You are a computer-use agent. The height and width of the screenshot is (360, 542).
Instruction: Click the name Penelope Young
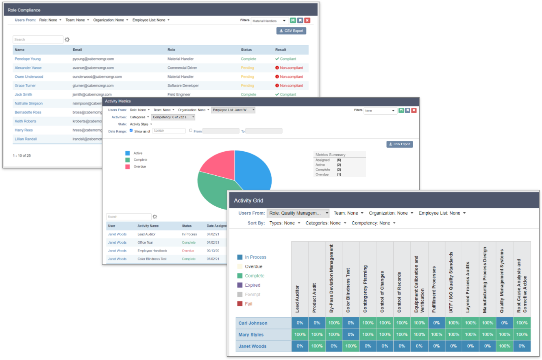point(28,59)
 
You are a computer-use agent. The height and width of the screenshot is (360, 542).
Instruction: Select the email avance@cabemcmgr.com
point(93,68)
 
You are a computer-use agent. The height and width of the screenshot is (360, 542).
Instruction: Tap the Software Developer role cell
point(183,86)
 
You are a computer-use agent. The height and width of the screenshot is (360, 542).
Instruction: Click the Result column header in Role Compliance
point(281,50)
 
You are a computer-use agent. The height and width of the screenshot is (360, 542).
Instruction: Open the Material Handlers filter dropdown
point(269,21)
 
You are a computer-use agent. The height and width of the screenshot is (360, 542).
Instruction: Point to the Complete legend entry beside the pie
point(140,160)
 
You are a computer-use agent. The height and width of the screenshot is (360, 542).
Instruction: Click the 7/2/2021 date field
point(169,131)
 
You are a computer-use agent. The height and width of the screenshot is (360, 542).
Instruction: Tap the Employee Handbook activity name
point(152,251)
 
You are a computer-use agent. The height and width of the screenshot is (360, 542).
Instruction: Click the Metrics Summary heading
point(330,155)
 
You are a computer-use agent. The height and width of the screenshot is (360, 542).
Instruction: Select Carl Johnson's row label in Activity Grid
point(253,323)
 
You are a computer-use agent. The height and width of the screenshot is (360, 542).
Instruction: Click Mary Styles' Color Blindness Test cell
point(350,335)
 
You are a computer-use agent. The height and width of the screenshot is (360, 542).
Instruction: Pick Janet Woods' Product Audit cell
point(317,346)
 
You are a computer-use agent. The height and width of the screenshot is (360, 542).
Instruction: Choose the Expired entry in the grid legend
point(252,285)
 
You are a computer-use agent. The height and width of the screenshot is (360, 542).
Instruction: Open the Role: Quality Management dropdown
point(298,213)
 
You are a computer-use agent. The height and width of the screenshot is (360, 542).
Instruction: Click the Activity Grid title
point(248,201)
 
